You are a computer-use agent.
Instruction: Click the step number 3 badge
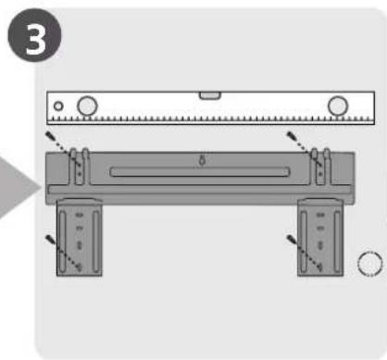click(34, 35)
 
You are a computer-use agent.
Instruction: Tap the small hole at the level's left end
click(58, 106)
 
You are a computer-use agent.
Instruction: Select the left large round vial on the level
click(87, 106)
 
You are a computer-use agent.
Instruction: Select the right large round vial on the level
click(338, 106)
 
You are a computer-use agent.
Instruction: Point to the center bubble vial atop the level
click(210, 95)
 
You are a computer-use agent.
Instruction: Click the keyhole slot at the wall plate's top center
click(202, 160)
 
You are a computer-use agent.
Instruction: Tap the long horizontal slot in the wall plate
click(200, 172)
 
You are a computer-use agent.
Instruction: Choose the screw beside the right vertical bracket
click(291, 239)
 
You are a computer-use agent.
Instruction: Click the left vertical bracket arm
click(80, 237)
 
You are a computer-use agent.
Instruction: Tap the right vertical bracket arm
click(320, 237)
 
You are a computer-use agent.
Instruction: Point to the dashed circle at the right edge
click(369, 264)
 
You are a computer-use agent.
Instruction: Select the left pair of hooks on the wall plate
click(80, 166)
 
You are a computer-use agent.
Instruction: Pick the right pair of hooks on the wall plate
click(320, 166)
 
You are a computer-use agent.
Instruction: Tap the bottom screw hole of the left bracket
click(80, 267)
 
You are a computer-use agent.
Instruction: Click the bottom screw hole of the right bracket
click(320, 267)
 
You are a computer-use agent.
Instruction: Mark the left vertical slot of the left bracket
click(63, 242)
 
